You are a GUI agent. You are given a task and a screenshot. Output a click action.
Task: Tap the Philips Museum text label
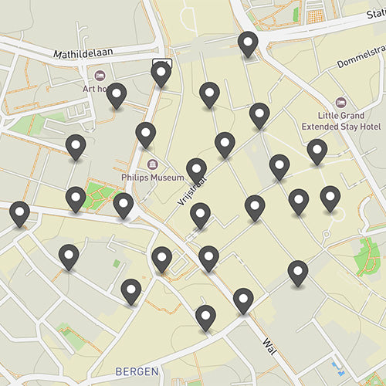(x=152, y=177)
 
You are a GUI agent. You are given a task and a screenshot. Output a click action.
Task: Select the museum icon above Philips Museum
(x=152, y=164)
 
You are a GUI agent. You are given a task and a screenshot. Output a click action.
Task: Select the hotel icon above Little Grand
(x=340, y=102)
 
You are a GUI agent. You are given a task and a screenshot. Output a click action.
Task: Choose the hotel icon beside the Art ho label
(x=100, y=75)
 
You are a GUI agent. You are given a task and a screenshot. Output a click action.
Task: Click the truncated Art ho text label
(x=94, y=88)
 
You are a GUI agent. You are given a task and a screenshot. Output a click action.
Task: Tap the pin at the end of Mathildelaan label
(x=161, y=74)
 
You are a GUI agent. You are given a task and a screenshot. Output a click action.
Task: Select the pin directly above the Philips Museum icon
(x=145, y=134)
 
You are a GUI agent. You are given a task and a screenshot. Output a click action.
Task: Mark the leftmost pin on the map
(x=19, y=214)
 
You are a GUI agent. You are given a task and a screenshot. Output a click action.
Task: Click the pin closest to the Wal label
(x=243, y=300)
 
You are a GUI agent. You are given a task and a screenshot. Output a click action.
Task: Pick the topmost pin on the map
(x=248, y=44)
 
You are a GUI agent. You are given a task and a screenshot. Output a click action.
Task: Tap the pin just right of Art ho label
(x=117, y=96)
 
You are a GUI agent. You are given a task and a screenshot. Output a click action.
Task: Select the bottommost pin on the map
(x=205, y=317)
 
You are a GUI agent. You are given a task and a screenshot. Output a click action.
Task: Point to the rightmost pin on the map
(x=330, y=198)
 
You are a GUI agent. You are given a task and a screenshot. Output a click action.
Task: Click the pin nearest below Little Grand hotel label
(x=317, y=151)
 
